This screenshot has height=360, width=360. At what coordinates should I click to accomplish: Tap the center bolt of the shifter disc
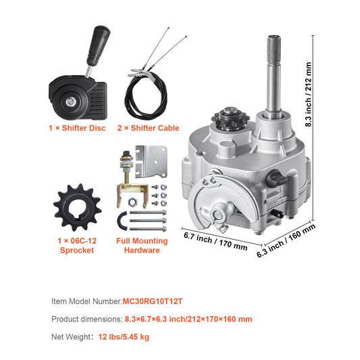(70, 101)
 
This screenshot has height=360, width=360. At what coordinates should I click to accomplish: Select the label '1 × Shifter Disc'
(76, 128)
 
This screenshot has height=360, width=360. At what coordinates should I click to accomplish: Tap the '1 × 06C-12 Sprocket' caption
(76, 245)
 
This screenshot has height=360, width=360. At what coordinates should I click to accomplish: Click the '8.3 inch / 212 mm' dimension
(309, 95)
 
